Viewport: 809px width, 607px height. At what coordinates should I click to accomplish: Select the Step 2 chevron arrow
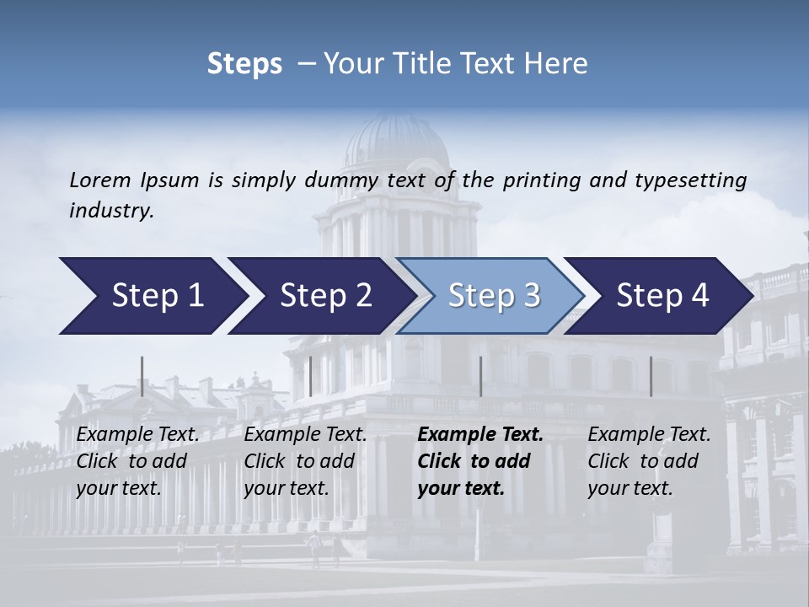[320, 296]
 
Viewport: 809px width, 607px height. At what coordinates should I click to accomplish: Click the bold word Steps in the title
[244, 64]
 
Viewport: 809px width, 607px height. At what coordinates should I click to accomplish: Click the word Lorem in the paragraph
[100, 180]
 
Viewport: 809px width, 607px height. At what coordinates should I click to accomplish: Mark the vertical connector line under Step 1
[142, 376]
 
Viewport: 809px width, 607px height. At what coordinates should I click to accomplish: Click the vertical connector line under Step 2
[311, 376]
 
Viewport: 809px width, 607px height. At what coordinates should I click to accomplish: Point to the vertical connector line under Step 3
[480, 376]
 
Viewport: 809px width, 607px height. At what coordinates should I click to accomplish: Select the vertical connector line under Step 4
[651, 376]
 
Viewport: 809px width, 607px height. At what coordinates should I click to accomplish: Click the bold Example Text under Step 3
[480, 435]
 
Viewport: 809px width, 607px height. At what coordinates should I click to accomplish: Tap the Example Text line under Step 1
[138, 435]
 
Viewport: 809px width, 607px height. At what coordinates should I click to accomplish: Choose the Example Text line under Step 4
[649, 435]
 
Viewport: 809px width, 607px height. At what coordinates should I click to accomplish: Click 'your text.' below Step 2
[287, 488]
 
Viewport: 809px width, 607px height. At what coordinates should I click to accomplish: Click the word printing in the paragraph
[539, 180]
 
